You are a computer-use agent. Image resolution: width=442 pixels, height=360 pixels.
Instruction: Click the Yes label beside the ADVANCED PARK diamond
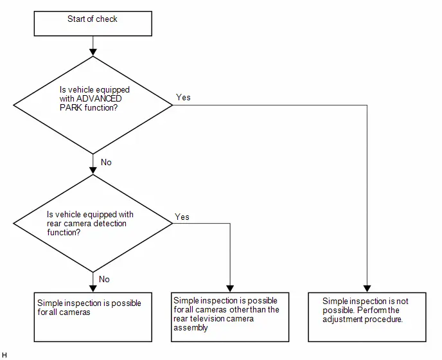(183, 97)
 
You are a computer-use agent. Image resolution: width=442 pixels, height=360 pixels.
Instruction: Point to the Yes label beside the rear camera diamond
(182, 217)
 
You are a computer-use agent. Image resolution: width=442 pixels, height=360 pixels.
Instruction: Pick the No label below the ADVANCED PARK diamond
(106, 162)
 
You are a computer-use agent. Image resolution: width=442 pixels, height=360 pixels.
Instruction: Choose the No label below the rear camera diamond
(104, 279)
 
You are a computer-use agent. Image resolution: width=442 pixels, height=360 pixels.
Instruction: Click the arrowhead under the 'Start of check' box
(93, 53)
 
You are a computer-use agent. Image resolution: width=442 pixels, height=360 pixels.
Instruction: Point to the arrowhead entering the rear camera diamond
(93, 171)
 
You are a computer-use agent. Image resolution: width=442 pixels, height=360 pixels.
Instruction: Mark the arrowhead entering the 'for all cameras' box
(93, 289)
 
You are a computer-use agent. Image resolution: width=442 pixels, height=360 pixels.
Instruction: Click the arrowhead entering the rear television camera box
(230, 289)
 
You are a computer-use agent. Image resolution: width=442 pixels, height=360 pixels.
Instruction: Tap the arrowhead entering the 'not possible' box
(367, 289)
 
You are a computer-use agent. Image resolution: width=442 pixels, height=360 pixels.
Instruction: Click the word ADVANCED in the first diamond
(99, 99)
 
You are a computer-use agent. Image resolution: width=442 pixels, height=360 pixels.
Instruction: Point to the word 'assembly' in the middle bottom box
(191, 328)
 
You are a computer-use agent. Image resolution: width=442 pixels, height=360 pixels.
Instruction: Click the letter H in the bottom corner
(4, 355)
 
